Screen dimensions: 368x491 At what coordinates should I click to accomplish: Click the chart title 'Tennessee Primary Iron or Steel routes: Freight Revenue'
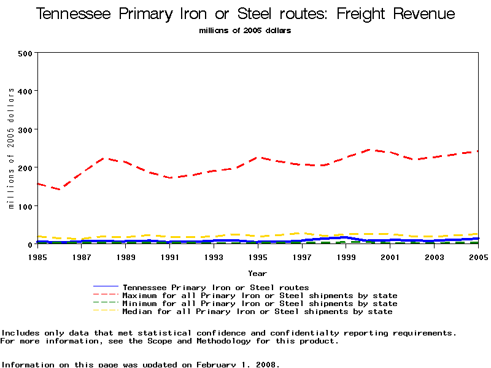pos(245,14)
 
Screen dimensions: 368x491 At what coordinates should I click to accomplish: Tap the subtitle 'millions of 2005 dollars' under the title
pos(245,31)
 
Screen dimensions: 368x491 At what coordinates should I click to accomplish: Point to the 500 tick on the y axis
pos(25,53)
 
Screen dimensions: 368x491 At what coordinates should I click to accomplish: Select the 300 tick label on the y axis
pos(25,129)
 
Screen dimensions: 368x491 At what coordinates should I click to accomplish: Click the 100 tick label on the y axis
pos(25,206)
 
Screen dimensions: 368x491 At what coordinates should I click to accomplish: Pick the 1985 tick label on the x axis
pos(37,256)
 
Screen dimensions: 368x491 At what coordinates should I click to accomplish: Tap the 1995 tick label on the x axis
pos(258,256)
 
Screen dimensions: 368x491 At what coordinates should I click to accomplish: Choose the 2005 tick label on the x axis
pos(477,256)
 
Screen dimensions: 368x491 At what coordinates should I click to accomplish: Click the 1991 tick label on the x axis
pos(169,256)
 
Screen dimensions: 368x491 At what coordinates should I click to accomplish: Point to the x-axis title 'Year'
pos(257,273)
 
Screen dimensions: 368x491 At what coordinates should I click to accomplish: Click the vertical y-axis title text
pos(11,148)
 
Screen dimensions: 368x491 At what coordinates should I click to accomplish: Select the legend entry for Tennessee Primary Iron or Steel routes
pos(215,287)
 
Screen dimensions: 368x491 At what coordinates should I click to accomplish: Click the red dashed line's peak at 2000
pos(368,149)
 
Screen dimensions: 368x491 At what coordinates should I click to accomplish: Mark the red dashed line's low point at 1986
pos(60,190)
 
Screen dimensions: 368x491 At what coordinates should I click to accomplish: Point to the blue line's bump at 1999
pos(346,237)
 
